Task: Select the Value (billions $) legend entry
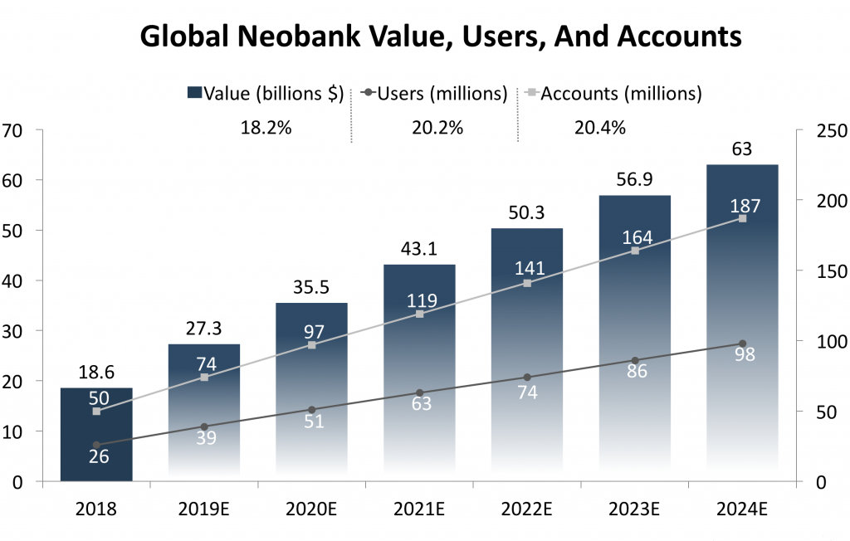266,94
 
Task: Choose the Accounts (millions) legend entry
612,94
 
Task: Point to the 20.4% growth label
599,128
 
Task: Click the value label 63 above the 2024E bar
742,149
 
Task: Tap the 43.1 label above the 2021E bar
419,249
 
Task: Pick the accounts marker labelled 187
742,218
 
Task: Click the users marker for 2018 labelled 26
96,445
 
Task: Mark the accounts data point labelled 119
419,314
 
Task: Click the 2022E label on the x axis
527,508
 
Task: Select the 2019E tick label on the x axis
204,508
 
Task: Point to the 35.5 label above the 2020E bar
311,287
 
